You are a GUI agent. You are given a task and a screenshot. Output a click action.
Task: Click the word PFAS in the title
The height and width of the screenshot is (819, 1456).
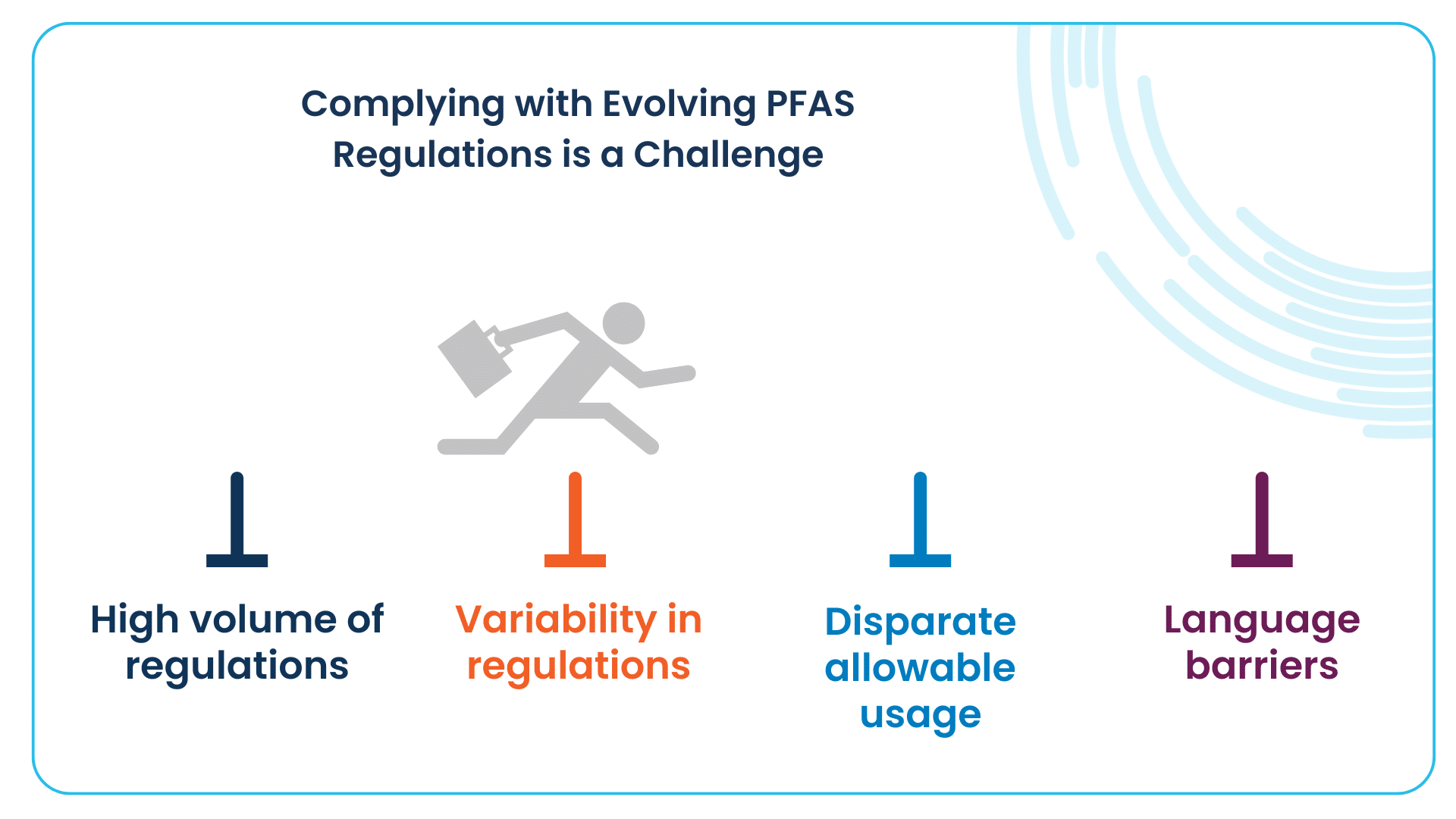810,104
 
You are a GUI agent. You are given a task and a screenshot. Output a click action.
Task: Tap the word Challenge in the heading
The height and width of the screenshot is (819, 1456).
728,155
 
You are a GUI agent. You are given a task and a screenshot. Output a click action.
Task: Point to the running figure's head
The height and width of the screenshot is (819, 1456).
623,324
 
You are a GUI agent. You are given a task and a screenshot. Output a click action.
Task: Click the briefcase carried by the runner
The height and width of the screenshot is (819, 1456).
475,358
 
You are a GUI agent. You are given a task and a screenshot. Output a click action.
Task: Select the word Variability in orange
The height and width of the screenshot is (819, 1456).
557,620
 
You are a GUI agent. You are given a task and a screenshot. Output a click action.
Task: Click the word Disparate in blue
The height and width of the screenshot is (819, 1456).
921,623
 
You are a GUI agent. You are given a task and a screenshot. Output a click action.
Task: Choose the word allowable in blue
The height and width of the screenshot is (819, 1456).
920,668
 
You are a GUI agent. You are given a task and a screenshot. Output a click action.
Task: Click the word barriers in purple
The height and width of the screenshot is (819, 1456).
1262,666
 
